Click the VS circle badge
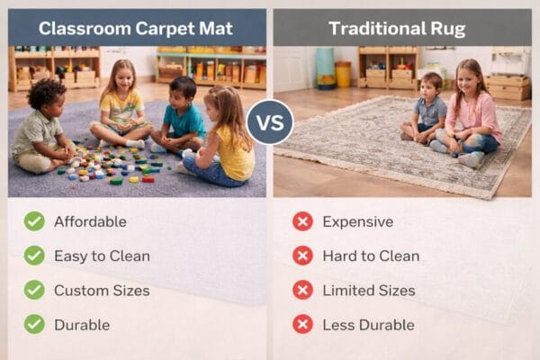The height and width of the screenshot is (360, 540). (x=270, y=121)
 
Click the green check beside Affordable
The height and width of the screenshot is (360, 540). (x=34, y=221)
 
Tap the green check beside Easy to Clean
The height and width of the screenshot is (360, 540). (x=34, y=256)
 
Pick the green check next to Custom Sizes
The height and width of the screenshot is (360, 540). (x=34, y=290)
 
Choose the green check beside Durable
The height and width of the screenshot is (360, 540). (x=34, y=324)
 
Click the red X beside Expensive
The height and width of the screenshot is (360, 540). (x=302, y=221)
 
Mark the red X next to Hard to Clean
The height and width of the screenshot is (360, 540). (x=302, y=256)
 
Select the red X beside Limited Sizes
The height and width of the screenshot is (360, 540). (x=302, y=290)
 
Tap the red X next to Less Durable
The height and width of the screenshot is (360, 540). (x=302, y=324)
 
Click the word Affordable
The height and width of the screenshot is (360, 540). (x=90, y=221)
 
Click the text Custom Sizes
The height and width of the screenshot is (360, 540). (x=102, y=290)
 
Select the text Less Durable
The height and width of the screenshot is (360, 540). (x=368, y=324)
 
